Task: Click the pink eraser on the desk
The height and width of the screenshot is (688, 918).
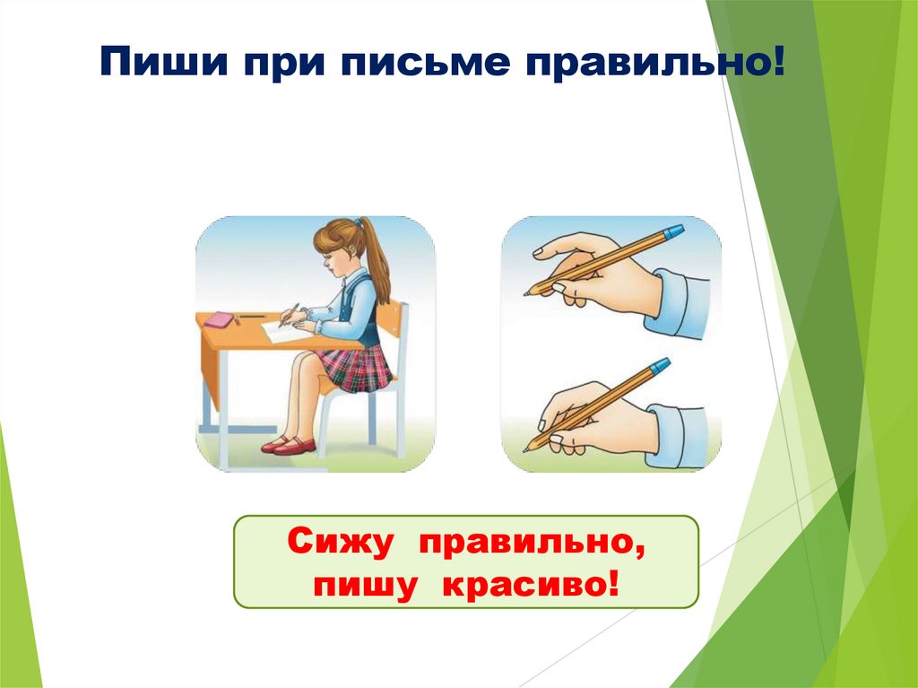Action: pyautogui.click(x=220, y=318)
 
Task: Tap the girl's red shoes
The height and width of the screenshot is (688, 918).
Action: pyautogui.click(x=290, y=445)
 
